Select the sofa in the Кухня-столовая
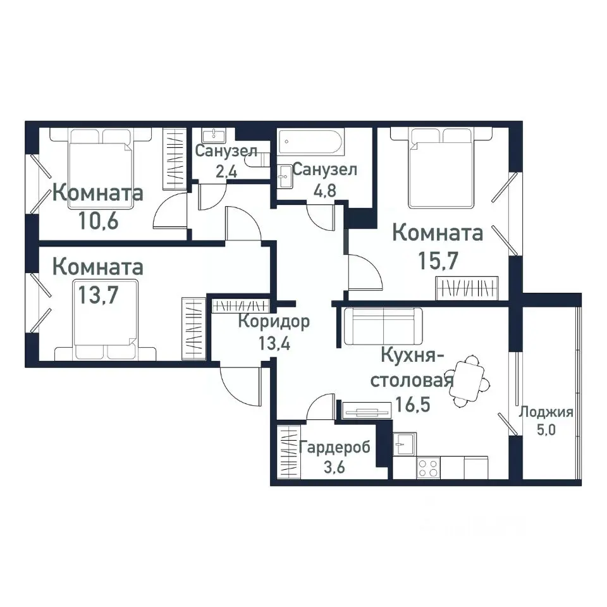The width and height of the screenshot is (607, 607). click(383, 326)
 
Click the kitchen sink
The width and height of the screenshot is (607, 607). click(403, 443)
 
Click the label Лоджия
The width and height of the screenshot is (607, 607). click(546, 413)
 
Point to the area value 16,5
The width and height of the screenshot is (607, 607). click(414, 403)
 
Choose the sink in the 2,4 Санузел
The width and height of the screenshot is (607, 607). click(214, 135)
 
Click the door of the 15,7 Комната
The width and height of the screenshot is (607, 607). click(364, 269)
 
